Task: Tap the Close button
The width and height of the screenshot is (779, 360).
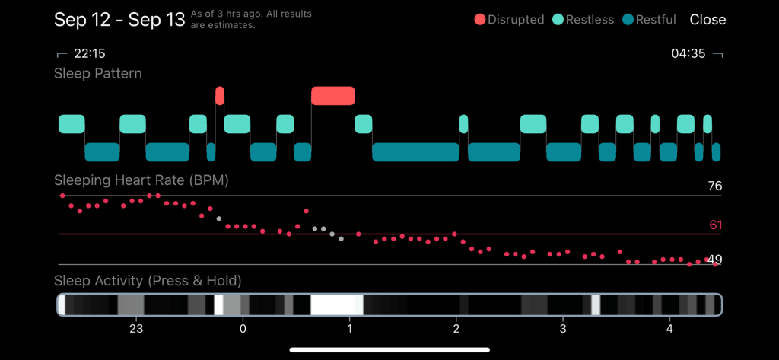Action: [707, 20]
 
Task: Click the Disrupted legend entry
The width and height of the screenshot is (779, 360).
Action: [509, 20]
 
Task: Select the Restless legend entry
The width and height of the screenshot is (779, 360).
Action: [584, 20]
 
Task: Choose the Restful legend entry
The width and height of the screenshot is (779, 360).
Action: [649, 20]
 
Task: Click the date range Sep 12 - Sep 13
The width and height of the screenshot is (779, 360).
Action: [119, 20]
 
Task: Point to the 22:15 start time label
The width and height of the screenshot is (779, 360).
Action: [89, 54]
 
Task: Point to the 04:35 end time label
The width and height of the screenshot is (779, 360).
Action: [689, 54]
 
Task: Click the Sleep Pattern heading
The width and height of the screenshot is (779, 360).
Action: [98, 74]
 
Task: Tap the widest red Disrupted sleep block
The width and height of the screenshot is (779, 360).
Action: [333, 95]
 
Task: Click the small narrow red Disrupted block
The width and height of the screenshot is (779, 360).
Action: [220, 95]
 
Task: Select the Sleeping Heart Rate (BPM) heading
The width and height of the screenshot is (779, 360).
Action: [141, 181]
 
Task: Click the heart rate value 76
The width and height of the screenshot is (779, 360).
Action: [714, 186]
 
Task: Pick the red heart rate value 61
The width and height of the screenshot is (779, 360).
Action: [714, 225]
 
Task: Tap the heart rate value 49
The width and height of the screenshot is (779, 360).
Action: [714, 260]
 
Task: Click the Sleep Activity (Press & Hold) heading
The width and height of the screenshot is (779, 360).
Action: [148, 281]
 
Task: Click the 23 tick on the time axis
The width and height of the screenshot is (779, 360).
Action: [136, 329]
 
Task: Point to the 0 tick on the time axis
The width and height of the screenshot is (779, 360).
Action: [243, 329]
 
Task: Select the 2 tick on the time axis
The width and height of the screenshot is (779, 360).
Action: [456, 329]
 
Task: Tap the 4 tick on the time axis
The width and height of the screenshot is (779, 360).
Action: [669, 329]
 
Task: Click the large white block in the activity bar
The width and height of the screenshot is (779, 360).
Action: [336, 304]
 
